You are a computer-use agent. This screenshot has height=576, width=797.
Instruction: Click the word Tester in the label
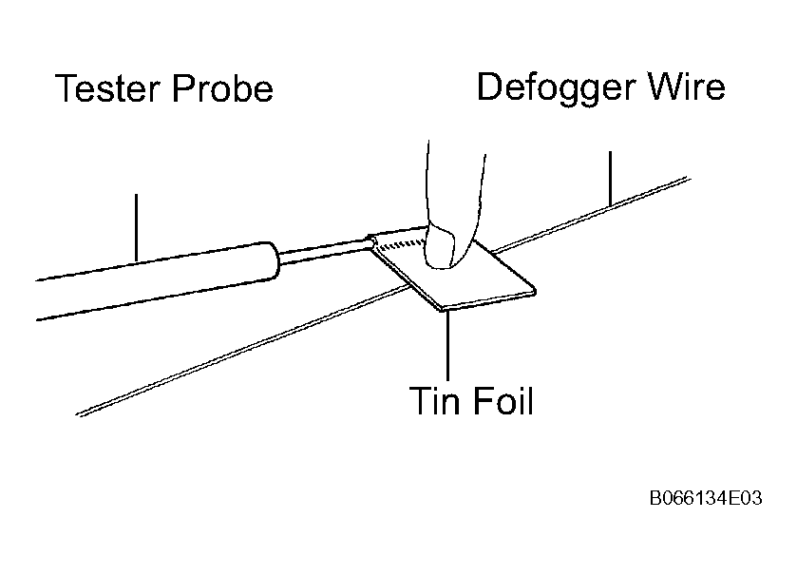point(107,88)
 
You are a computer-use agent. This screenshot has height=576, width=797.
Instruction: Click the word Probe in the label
point(222,88)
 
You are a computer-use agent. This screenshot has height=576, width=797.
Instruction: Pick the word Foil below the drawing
point(503,400)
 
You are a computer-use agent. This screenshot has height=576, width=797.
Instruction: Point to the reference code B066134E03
point(706,498)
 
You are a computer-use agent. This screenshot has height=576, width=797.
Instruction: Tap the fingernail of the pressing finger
point(440,248)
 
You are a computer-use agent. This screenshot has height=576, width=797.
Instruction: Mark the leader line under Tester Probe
point(136,227)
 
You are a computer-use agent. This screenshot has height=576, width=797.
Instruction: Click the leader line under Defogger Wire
point(610,179)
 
